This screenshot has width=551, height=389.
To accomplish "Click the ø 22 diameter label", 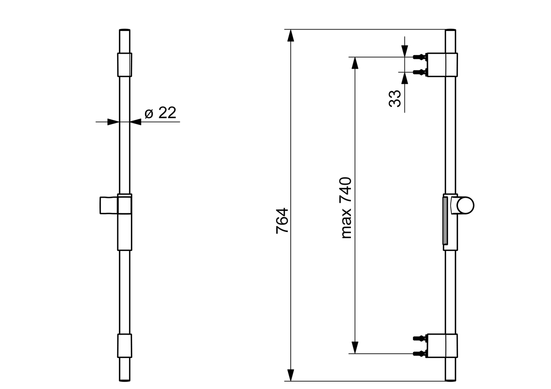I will click(x=160, y=113).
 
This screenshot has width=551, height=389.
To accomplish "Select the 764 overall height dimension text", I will click(x=282, y=220).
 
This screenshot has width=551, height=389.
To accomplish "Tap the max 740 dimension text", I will click(x=346, y=208).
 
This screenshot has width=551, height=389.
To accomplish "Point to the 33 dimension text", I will click(x=395, y=98).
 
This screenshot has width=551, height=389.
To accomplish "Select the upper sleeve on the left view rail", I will click(x=124, y=65).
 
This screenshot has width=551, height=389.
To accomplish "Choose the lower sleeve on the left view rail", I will click(x=124, y=346).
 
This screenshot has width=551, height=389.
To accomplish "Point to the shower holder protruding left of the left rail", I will click(x=108, y=205).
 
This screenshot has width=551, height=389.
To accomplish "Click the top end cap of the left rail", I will click(x=124, y=31).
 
